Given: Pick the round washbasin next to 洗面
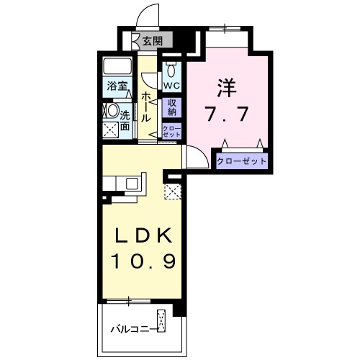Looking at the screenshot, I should coord(112,112).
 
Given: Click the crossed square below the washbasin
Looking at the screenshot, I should coord(112,131).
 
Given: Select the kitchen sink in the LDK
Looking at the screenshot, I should coord(132,183).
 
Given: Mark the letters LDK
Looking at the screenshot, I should coord(143,235).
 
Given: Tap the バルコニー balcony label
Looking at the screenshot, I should coord(132,330).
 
